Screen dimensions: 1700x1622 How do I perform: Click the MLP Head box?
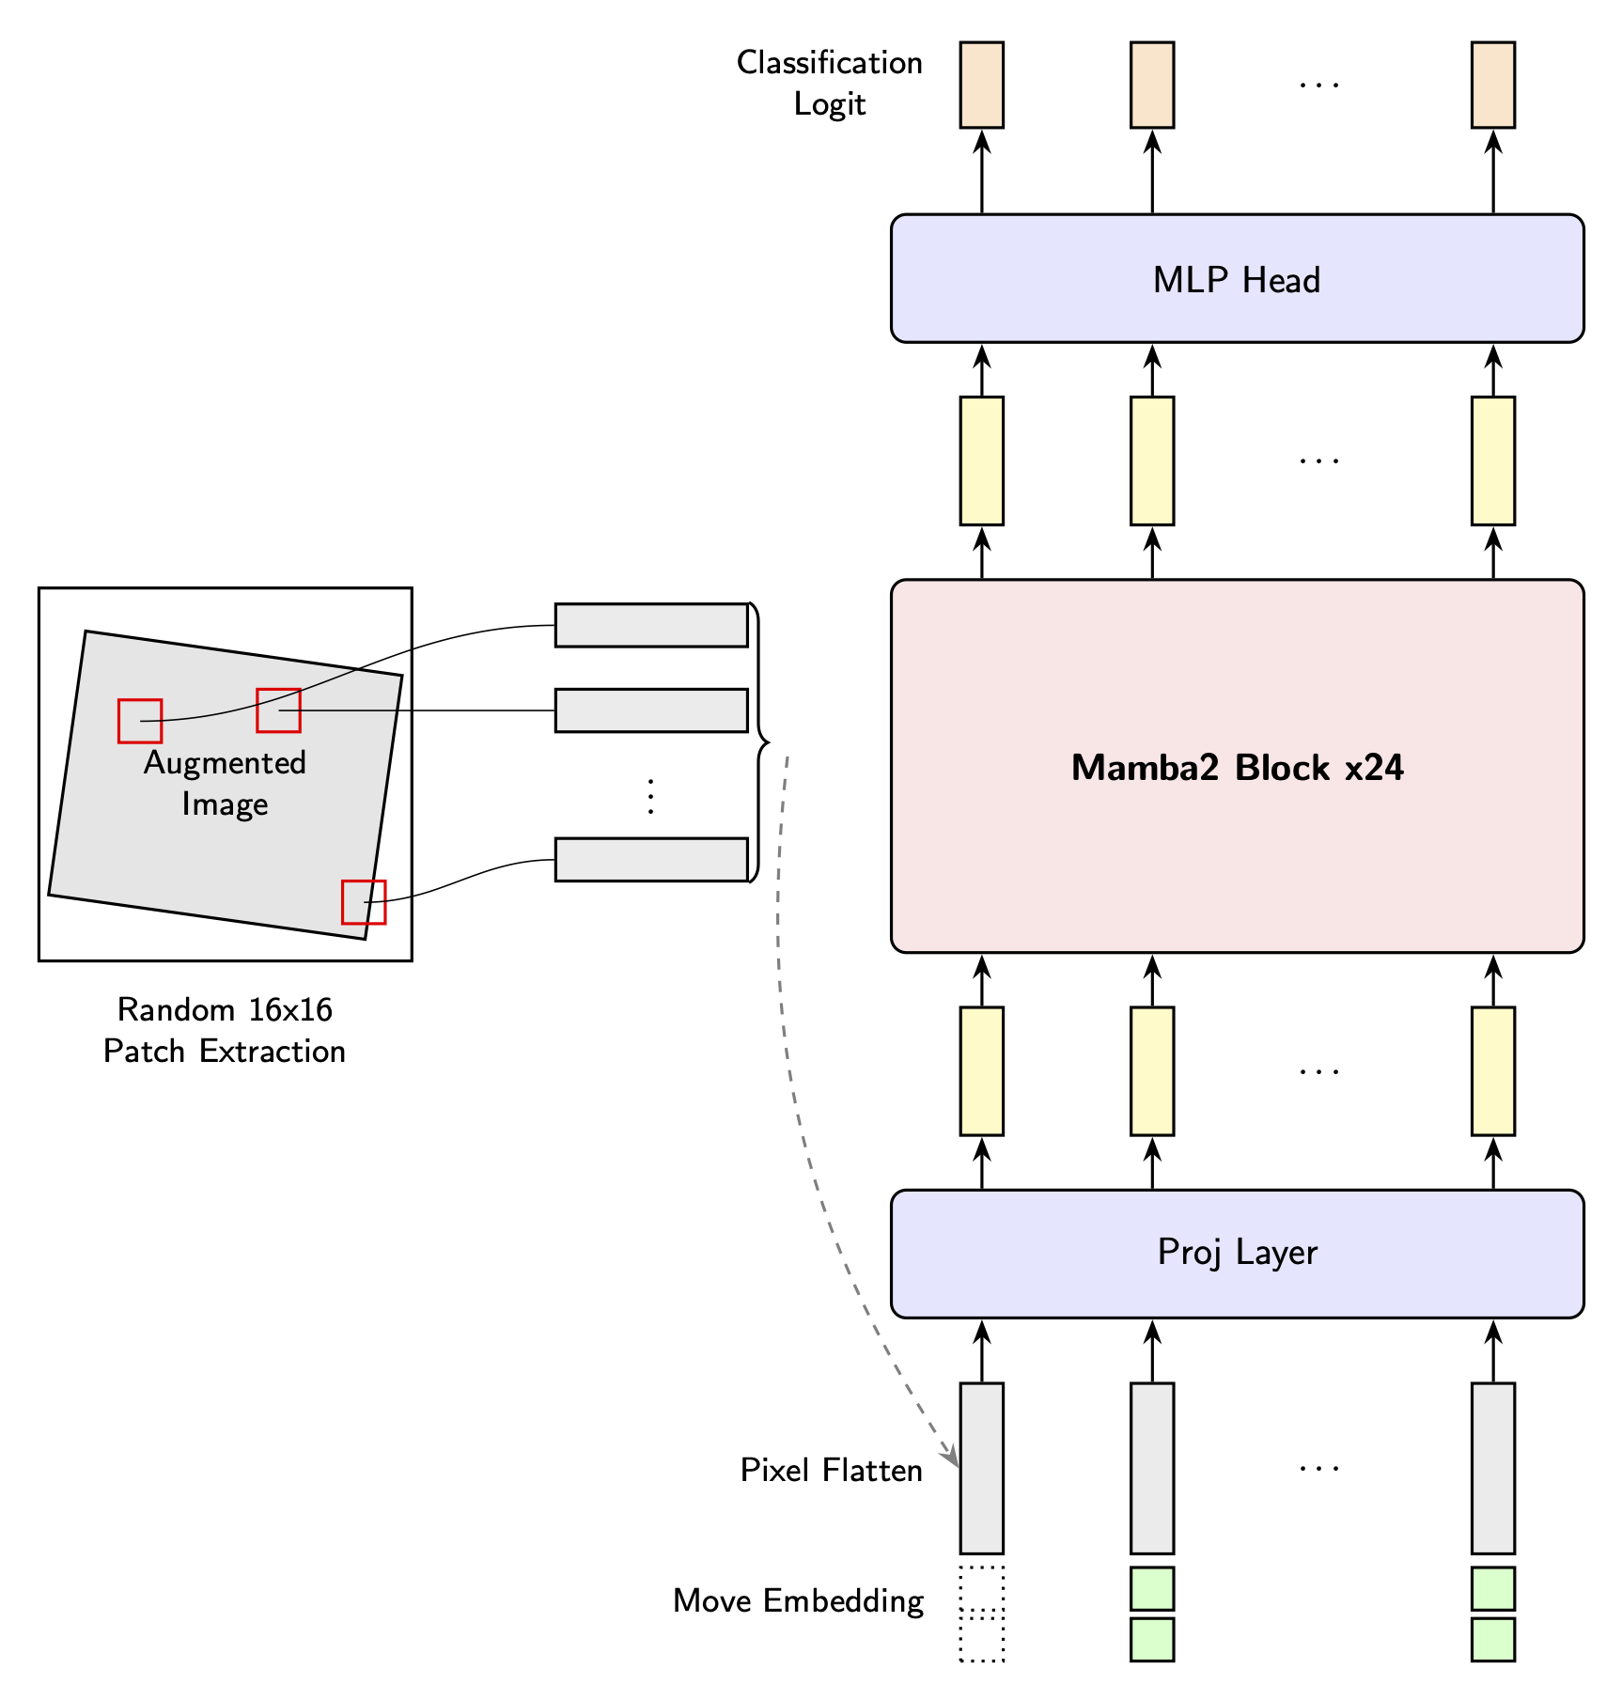(x=1236, y=279)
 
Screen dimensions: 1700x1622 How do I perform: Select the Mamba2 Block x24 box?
(x=1236, y=767)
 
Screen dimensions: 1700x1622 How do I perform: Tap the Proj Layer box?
(x=1236, y=1253)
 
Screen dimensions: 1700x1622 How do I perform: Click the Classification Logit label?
(x=829, y=83)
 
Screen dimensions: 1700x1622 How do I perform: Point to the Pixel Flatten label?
(x=831, y=1470)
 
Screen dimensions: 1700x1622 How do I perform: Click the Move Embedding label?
(x=798, y=1600)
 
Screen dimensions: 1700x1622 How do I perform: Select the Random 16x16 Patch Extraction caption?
(x=225, y=1030)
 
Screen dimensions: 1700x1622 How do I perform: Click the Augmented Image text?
(x=225, y=783)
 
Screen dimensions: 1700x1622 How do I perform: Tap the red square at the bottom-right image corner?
(x=364, y=902)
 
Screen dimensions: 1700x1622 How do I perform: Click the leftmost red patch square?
(x=140, y=721)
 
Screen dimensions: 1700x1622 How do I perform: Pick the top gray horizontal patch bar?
(x=650, y=625)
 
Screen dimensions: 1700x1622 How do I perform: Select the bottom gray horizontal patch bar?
(x=650, y=859)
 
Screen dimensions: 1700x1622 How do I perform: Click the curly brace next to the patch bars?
(x=759, y=742)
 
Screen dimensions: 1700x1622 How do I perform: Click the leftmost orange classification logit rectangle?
(x=981, y=85)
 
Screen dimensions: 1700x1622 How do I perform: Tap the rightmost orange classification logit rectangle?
(x=1492, y=85)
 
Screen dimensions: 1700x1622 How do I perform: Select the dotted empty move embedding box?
(x=981, y=1614)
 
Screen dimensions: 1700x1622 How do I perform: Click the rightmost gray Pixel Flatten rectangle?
(x=1492, y=1468)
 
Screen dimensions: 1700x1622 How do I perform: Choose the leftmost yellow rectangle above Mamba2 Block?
(x=981, y=460)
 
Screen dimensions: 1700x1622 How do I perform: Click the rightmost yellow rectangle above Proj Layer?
(x=1492, y=1071)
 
